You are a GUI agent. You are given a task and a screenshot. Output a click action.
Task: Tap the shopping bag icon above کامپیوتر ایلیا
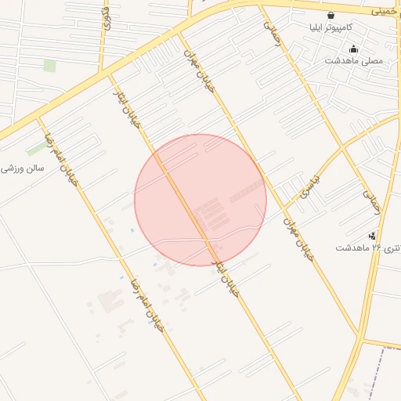(331, 15)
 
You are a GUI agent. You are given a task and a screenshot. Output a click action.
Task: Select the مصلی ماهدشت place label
(353, 60)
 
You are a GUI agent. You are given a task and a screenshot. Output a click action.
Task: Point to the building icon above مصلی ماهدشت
(353, 49)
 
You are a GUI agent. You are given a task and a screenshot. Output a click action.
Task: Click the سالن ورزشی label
(23, 168)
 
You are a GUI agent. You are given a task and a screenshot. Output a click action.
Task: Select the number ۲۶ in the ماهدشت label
(377, 247)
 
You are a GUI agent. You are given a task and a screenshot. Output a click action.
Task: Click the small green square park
(50, 65)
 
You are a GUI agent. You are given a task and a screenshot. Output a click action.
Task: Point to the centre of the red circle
(200, 200)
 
